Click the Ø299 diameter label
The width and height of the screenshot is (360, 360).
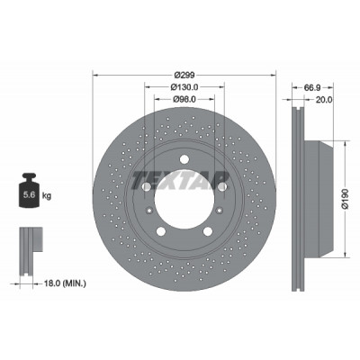tap(184, 75)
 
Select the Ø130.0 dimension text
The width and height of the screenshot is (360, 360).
tap(184, 87)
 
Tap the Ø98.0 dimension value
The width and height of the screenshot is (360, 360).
tap(184, 99)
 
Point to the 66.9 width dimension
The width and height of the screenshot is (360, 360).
tap(313, 87)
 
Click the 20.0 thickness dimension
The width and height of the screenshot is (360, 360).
tap(324, 100)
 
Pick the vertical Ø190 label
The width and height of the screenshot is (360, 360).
tap(346, 199)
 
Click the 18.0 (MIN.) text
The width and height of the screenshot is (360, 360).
tap(65, 283)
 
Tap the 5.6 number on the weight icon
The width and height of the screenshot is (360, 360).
tap(30, 195)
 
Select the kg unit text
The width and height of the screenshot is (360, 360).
tap(47, 196)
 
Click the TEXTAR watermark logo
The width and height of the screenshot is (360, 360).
tap(179, 181)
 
